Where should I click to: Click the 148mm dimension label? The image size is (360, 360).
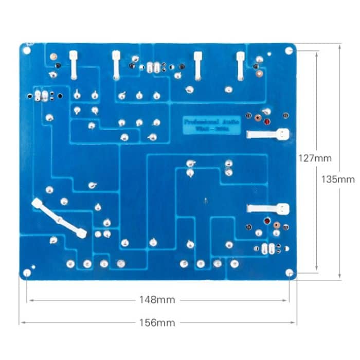pyautogui.click(x=157, y=299)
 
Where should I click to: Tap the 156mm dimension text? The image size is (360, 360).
pyautogui.click(x=157, y=323)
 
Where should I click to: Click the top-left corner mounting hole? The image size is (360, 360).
pyautogui.click(x=26, y=50)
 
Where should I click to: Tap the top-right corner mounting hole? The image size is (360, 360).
pyautogui.click(x=289, y=50)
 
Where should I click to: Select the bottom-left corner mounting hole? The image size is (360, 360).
pyautogui.click(x=27, y=273)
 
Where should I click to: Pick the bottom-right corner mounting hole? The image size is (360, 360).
pyautogui.click(x=289, y=273)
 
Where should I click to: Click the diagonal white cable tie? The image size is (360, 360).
pyautogui.click(x=59, y=219)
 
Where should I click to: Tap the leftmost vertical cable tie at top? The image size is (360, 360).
pyautogui.click(x=74, y=65)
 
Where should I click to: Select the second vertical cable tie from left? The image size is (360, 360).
pyautogui.click(x=116, y=65)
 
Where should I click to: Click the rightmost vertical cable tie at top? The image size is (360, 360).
pyautogui.click(x=240, y=66)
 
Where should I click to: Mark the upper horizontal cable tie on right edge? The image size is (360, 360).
pyautogui.click(x=267, y=135)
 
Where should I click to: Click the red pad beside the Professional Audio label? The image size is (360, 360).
pyautogui.click(x=267, y=122)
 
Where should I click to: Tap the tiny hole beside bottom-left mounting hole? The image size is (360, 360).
pyautogui.click(x=33, y=267)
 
